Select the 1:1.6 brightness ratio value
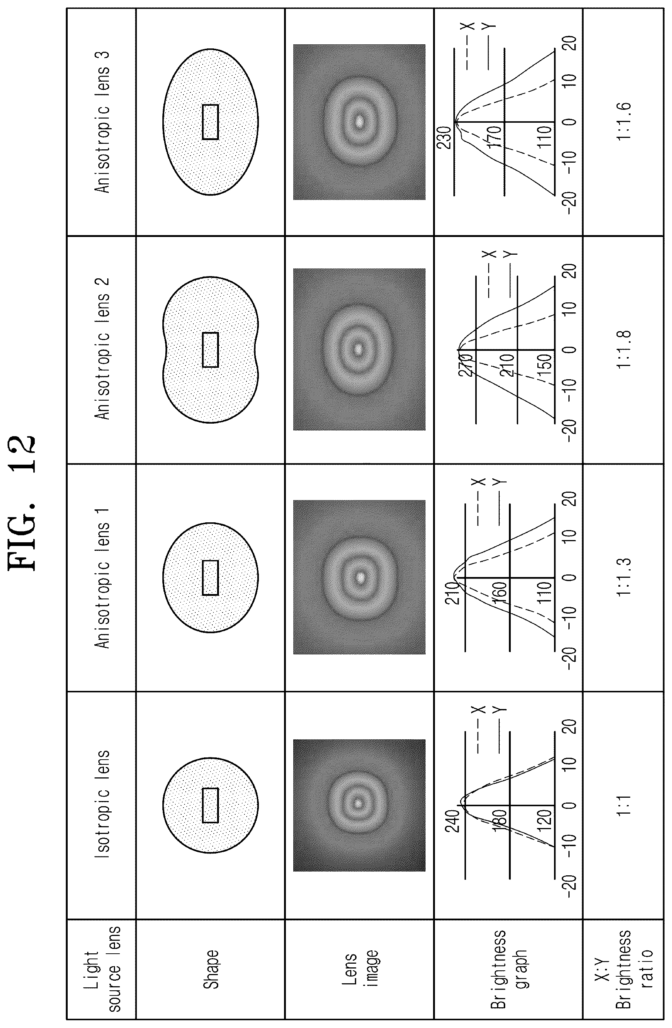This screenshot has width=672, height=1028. coord(624,121)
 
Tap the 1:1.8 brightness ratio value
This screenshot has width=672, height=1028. coord(624,349)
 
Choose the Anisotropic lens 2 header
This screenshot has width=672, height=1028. coord(102,349)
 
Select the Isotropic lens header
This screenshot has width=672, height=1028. coord(102,804)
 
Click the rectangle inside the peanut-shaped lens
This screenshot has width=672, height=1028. coord(210,349)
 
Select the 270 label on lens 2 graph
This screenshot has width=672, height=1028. coord(467,365)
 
